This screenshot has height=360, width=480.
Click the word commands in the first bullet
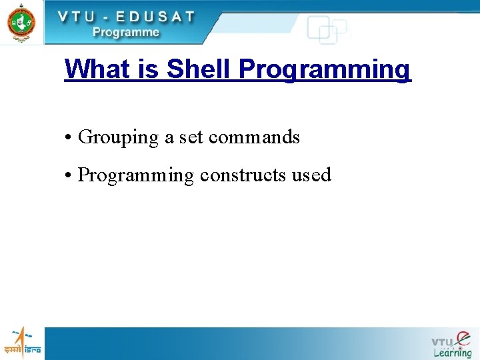pos(254,137)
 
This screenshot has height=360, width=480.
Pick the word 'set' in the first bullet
pos(191,137)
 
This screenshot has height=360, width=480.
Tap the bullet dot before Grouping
pos(69,138)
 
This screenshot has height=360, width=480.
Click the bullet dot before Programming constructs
pos(69,175)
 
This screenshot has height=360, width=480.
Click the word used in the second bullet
pos(311,175)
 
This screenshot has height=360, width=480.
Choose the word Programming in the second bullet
pos(136,176)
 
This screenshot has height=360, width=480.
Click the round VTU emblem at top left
pos(21,22)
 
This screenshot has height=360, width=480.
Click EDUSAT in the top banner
pos(155,17)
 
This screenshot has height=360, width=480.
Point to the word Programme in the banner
pos(126,31)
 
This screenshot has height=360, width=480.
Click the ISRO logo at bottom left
pos(22,343)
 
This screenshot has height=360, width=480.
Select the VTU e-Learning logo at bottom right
pos(451,344)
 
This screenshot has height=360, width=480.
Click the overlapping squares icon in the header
pos(327,30)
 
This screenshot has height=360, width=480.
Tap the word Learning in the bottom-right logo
pos(452,353)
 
